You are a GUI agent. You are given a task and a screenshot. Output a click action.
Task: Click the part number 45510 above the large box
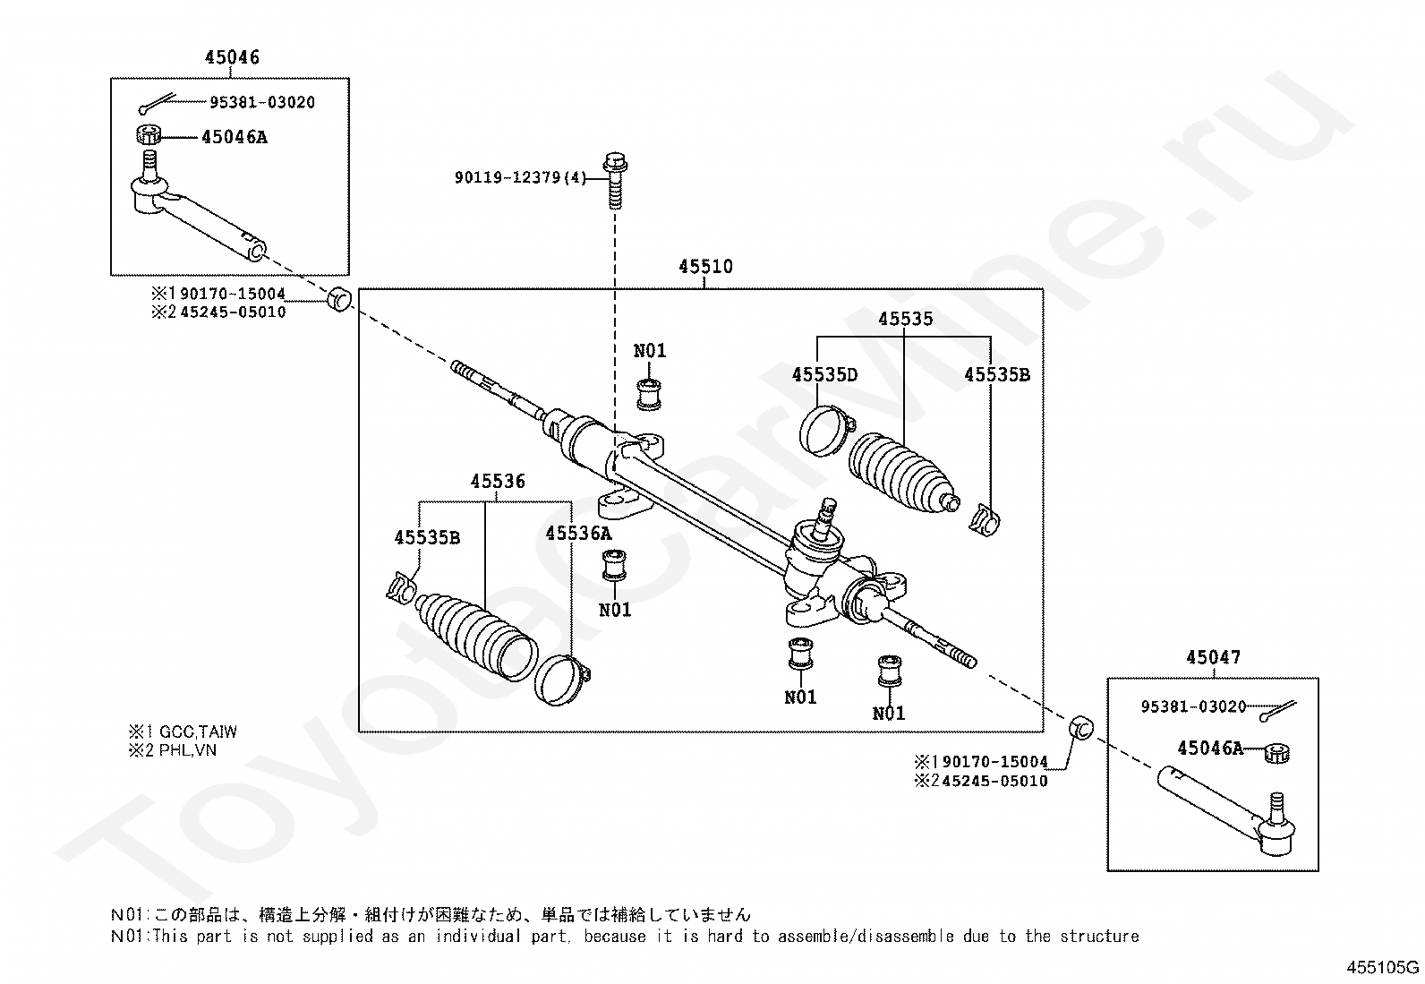(x=705, y=266)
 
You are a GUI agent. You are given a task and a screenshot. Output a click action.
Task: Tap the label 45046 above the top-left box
(x=232, y=57)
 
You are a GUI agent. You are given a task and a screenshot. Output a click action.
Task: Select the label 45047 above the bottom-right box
(x=1213, y=657)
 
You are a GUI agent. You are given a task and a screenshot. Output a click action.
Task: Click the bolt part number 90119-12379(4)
(x=520, y=177)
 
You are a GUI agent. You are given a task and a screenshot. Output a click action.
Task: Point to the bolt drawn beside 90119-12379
(x=615, y=180)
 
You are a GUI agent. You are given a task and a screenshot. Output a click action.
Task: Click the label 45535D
(x=824, y=374)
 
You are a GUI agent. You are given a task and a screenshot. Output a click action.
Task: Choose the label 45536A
(x=578, y=533)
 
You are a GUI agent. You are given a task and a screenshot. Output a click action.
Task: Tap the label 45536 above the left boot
(x=498, y=481)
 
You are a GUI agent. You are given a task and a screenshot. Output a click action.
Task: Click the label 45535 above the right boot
(x=905, y=318)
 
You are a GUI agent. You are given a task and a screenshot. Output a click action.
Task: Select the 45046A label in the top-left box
(x=235, y=137)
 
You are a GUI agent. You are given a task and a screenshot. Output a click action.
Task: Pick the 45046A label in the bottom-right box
(x=1209, y=748)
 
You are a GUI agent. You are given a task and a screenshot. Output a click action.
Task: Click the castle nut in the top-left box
(x=149, y=135)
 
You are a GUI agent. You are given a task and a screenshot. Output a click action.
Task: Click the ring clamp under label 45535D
(x=825, y=431)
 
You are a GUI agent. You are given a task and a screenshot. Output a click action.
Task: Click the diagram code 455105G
(x=1382, y=968)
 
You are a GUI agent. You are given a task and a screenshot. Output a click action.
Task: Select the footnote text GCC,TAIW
(x=198, y=732)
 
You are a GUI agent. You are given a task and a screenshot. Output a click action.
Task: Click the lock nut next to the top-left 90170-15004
(x=340, y=299)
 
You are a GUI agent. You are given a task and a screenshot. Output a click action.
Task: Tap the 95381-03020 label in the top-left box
(x=262, y=102)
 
